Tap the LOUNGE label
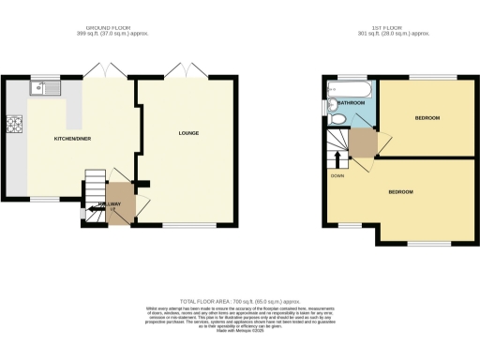[189, 133]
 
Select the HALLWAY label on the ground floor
[110, 203]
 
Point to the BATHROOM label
[351, 103]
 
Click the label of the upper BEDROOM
[428, 118]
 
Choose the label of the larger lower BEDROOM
[400, 191]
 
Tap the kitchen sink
[43, 89]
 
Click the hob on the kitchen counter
[14, 124]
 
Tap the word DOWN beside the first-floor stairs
[337, 175]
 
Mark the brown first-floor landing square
[363, 143]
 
